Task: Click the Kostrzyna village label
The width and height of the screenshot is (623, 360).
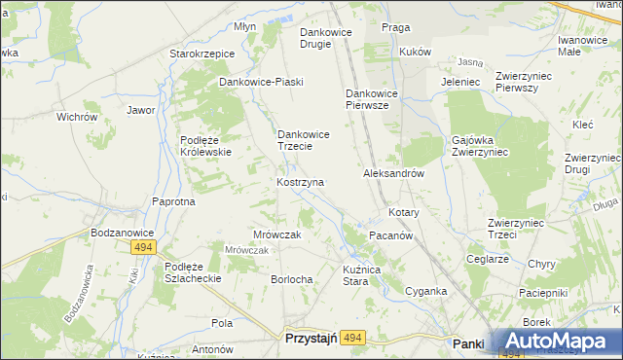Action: (x=301, y=182)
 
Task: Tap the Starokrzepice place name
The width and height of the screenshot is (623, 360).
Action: (x=202, y=54)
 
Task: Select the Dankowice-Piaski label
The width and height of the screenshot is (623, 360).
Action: (x=262, y=82)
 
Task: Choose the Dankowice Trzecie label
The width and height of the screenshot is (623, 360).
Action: (x=309, y=140)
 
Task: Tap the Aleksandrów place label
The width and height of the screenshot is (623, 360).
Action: (x=394, y=173)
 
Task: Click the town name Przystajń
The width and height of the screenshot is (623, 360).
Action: (x=310, y=338)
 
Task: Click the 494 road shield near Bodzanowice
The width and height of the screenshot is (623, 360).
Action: (x=142, y=248)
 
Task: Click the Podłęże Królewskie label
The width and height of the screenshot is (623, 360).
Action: (x=204, y=146)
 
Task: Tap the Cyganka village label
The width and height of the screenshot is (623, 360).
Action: (x=426, y=291)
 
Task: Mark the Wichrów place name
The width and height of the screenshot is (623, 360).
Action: (x=77, y=117)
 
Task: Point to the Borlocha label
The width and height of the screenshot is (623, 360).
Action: (x=292, y=279)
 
